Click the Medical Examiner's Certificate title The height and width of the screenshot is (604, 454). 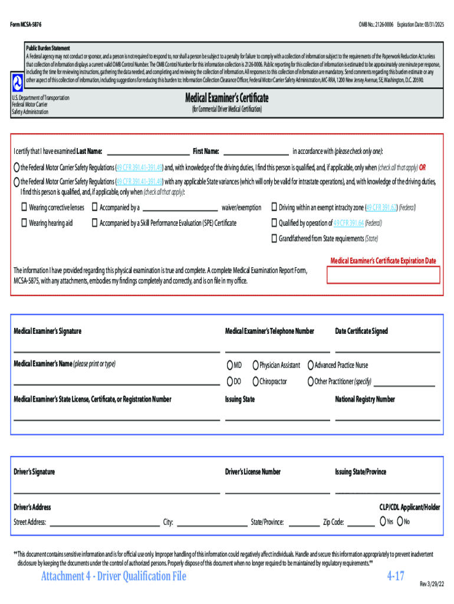click(x=227, y=98)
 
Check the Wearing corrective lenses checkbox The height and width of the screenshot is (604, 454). click(x=24, y=208)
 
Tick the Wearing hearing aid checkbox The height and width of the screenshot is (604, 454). click(x=24, y=223)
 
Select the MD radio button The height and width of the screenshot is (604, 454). click(x=229, y=365)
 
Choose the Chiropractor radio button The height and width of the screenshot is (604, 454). click(x=255, y=382)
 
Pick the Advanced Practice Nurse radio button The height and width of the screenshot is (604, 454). click(x=310, y=365)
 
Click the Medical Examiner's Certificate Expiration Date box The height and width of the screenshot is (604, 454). click(x=383, y=275)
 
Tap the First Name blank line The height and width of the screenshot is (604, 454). click(x=256, y=150)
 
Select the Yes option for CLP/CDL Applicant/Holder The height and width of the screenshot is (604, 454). click(x=383, y=521)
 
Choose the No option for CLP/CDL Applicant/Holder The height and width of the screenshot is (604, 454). click(x=400, y=521)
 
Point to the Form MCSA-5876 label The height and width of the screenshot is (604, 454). click(x=27, y=25)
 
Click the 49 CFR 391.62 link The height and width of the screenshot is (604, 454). click(x=381, y=208)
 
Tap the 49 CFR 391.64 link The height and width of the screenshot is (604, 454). click(x=348, y=223)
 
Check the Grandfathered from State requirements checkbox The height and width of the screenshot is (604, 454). click(x=274, y=238)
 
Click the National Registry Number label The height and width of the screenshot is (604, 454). click(x=365, y=399)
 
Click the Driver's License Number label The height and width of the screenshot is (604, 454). click(x=253, y=472)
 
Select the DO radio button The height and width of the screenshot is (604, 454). click(x=229, y=382)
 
